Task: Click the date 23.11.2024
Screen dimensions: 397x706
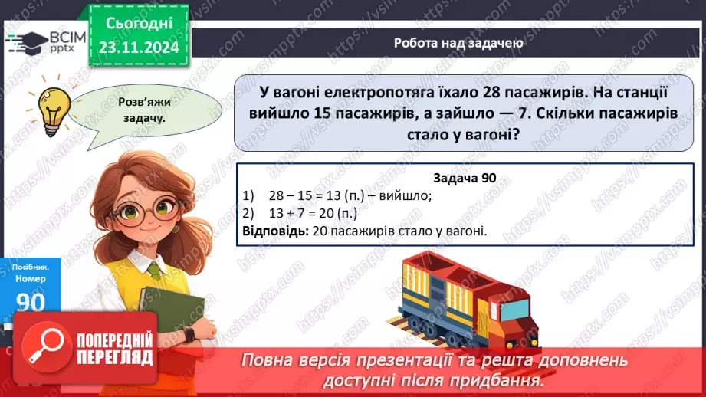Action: point(140,47)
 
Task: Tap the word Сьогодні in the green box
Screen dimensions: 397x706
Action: point(140,25)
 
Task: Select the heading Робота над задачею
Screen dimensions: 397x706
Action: point(458,43)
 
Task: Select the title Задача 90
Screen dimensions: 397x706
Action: point(465,178)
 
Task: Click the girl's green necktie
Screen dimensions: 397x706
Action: point(156,270)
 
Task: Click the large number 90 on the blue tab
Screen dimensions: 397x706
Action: point(30,301)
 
